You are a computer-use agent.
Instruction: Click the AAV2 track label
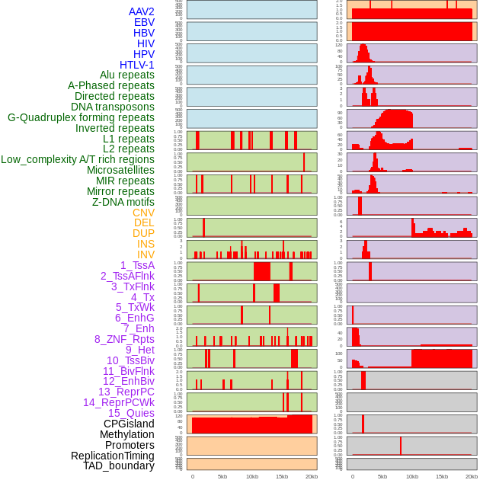pos(142,11)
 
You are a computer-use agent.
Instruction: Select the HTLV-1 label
pos(137,65)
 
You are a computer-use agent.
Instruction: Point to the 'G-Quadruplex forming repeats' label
pos(81,117)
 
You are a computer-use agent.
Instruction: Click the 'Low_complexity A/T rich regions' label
pos(78,159)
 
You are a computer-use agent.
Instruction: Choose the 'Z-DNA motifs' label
pos(123,202)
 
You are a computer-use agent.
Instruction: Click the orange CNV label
pos(143,213)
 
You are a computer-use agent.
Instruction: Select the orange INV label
pos(146,254)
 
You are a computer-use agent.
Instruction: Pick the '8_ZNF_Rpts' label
pos(124,339)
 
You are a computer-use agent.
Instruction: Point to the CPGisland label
pos(129,424)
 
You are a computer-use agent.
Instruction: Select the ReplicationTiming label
pos(113,456)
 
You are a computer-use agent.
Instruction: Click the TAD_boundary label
pos(119,466)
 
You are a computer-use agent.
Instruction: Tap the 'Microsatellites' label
pos(120,170)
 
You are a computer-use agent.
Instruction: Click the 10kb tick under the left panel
pos(252,476)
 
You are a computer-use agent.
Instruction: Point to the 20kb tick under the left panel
pos(312,476)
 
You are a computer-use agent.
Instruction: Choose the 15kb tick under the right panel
pos(442,476)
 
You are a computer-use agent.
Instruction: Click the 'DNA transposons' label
pos(113,107)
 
